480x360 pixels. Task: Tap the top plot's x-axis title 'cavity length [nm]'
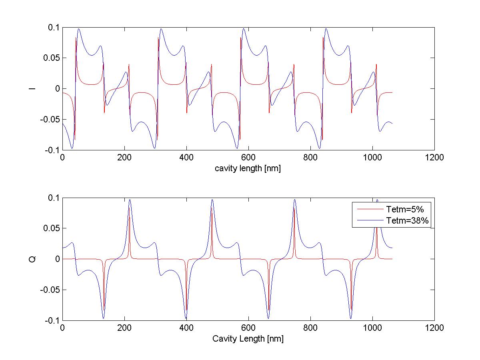click(248, 168)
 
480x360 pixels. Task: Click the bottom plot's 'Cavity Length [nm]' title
click(248, 339)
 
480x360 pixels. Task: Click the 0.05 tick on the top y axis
click(51, 58)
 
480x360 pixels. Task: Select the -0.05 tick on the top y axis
click(50, 119)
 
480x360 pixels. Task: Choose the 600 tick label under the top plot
click(248, 158)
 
